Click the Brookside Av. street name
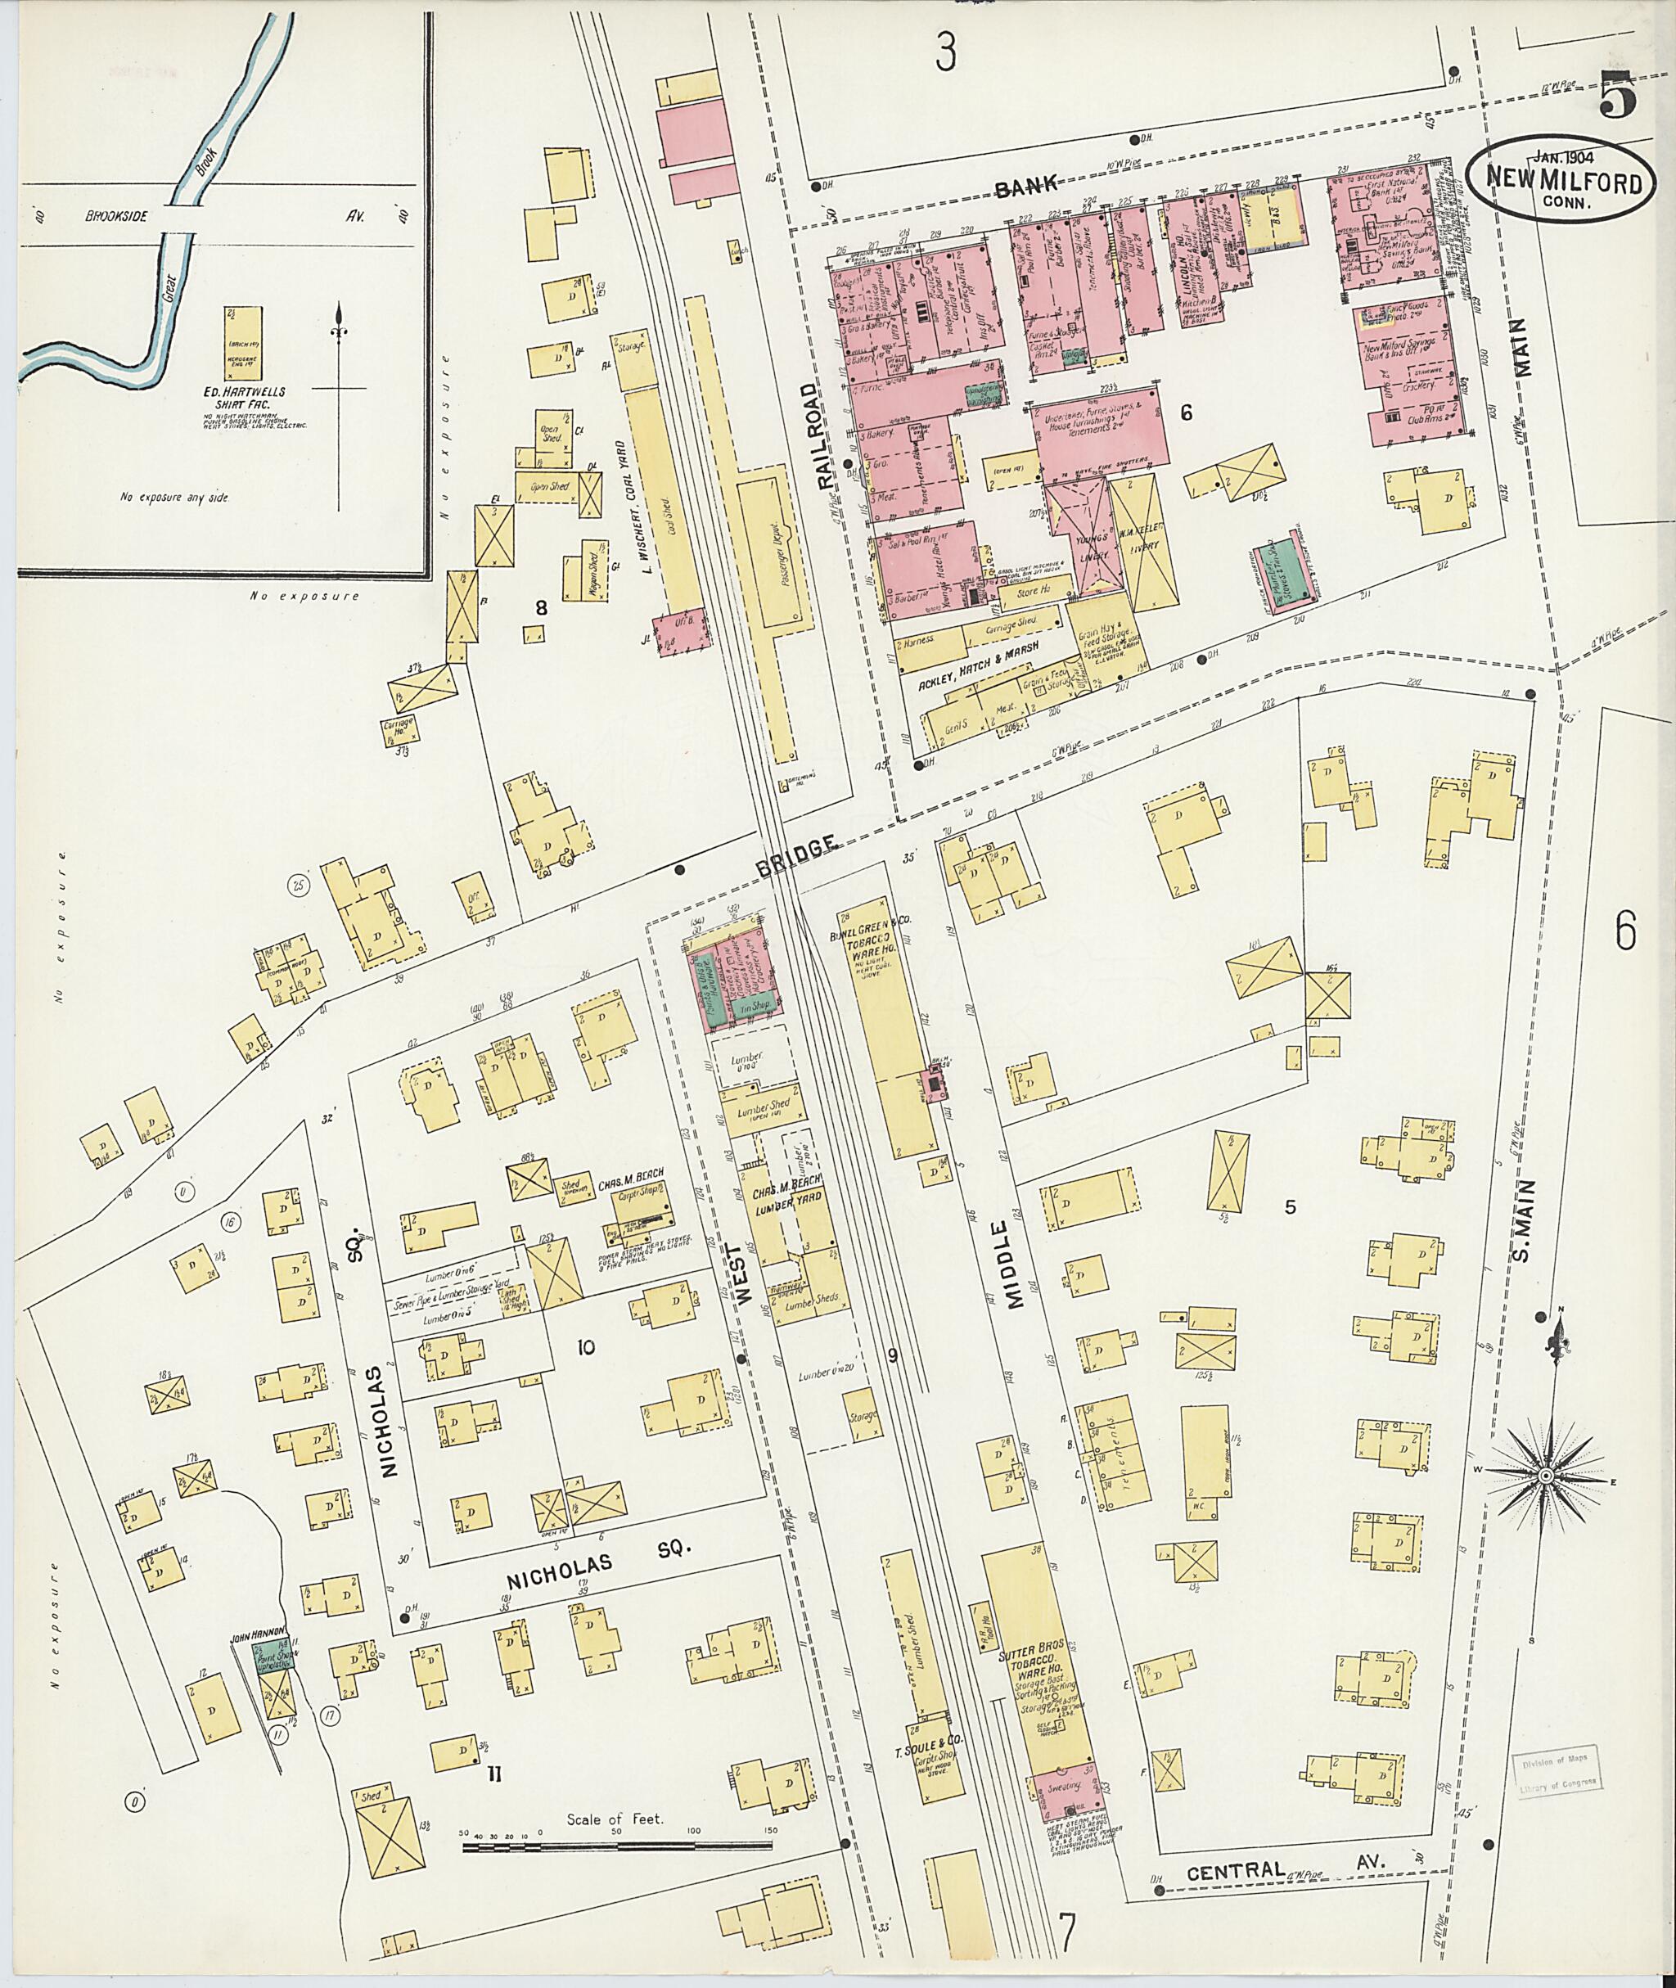(x=117, y=217)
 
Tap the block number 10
(x=585, y=1346)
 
